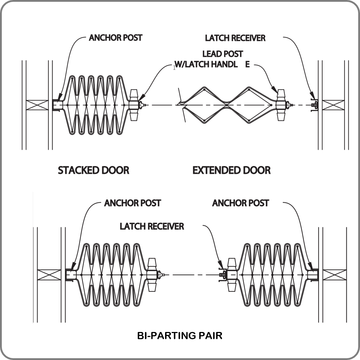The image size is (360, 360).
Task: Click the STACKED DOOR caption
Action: click(94, 170)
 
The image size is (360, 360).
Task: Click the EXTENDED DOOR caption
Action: click(232, 170)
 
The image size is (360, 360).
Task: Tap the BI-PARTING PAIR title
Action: click(180, 336)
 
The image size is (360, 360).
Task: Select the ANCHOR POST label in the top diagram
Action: click(115, 38)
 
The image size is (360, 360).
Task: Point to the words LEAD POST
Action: click(223, 54)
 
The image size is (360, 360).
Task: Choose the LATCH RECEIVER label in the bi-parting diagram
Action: click(152, 226)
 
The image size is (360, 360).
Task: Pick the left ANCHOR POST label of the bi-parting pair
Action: click(132, 203)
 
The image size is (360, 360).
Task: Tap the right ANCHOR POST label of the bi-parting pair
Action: click(240, 203)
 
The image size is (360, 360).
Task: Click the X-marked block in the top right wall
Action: click(332, 105)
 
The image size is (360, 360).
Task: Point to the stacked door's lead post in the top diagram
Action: click(134, 105)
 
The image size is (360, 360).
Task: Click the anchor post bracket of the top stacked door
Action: click(57, 105)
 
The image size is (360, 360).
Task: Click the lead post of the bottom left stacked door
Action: click(152, 275)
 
